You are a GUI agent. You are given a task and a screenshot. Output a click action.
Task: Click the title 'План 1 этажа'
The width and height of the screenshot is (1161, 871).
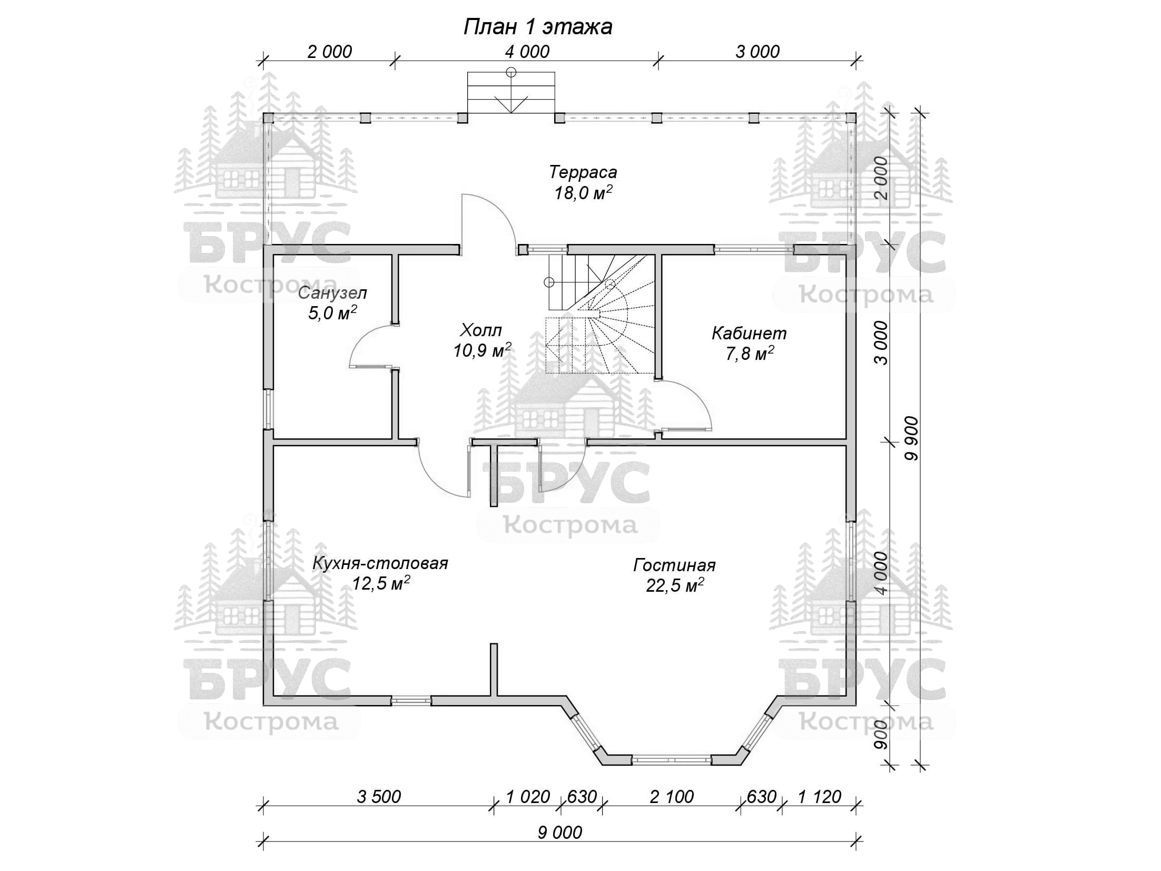click(x=537, y=27)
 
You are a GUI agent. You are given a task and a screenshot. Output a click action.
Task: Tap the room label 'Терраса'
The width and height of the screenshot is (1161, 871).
click(x=583, y=172)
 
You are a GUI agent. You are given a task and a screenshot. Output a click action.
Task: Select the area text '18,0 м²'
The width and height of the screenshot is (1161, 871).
click(x=583, y=193)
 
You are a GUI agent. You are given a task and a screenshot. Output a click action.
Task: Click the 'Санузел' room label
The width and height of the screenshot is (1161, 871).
click(x=332, y=292)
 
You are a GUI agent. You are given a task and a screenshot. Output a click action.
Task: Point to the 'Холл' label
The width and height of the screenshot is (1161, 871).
click(x=480, y=330)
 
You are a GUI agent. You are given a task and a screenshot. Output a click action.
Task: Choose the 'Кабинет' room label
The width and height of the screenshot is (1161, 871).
click(x=749, y=333)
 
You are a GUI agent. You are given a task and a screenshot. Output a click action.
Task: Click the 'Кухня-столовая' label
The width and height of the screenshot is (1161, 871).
click(x=380, y=563)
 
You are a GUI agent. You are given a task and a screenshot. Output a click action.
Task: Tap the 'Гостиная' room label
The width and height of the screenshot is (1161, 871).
click(x=674, y=565)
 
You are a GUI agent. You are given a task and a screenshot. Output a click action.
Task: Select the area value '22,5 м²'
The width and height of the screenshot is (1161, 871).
click(x=675, y=585)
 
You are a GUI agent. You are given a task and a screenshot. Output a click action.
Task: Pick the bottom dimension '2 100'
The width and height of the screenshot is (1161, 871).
click(x=672, y=796)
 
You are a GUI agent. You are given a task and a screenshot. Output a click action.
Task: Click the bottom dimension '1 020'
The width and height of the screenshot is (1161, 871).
click(x=528, y=796)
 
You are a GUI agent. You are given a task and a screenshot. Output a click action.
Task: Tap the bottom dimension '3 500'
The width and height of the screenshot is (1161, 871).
click(x=379, y=796)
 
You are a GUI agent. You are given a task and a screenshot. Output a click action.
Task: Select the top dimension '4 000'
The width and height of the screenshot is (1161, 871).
click(x=527, y=52)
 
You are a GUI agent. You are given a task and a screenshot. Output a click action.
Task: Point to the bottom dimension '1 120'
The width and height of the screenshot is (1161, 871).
click(x=819, y=796)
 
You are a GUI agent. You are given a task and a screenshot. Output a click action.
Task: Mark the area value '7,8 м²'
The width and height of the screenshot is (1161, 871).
click(x=749, y=354)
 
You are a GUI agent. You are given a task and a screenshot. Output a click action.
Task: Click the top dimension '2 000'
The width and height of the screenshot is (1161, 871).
click(x=329, y=52)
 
